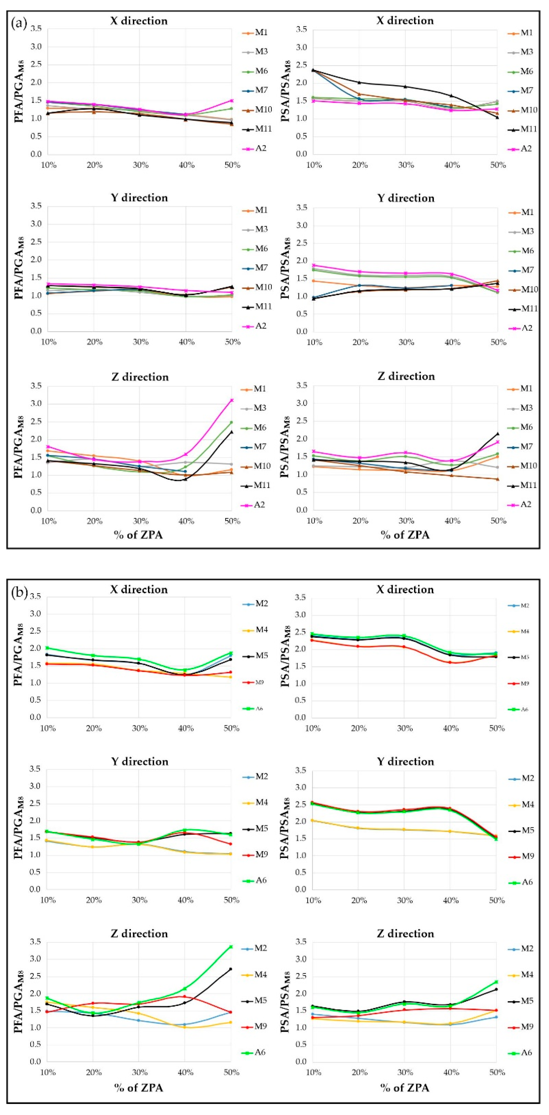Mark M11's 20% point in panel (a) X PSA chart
tap(359, 82)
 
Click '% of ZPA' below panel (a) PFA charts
tap(138, 535)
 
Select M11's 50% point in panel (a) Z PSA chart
tap(498, 433)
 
